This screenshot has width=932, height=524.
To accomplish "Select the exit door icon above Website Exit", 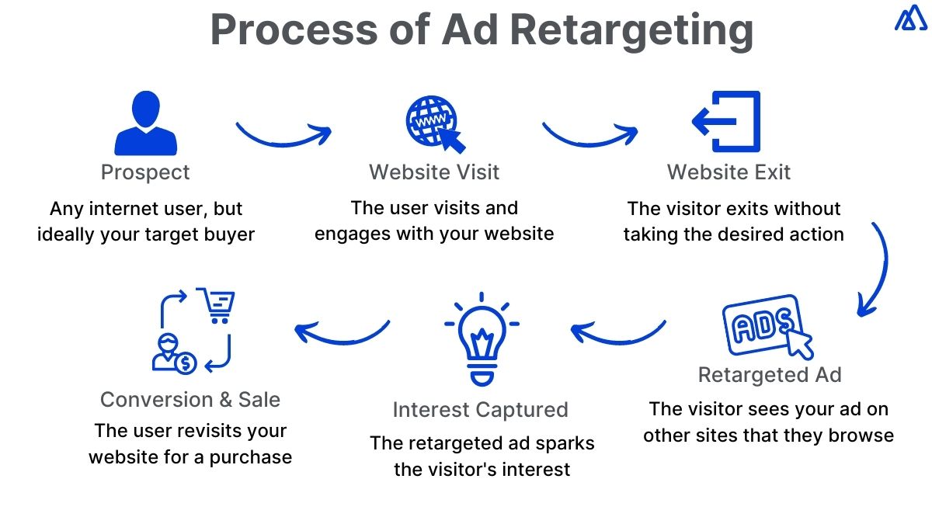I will click(x=727, y=122).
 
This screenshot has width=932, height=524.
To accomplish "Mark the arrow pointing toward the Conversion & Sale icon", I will click(x=342, y=331).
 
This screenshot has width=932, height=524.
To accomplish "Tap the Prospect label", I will click(x=145, y=172).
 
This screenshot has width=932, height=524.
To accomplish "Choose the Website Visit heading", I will click(x=434, y=172).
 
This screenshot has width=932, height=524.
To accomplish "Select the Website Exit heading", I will click(x=729, y=172).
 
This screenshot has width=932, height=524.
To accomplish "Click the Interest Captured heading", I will click(x=480, y=410).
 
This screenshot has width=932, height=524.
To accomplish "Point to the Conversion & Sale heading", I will click(x=190, y=400).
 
